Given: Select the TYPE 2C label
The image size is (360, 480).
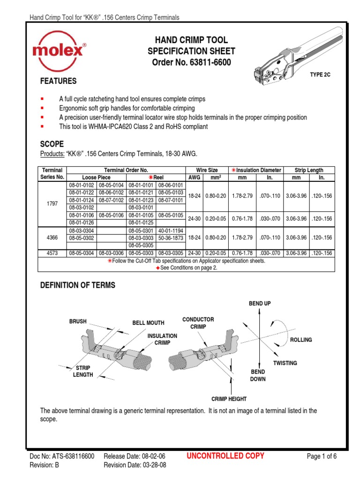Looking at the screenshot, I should tap(320, 75).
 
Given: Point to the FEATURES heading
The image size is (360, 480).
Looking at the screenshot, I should tap(59, 81).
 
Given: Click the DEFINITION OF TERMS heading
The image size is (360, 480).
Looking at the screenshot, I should tap(78, 285).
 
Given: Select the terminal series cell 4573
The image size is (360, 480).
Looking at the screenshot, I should tap(52, 253).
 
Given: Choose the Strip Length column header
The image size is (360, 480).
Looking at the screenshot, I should tap(308, 170).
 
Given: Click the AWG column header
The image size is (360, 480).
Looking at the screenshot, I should tap(194, 178).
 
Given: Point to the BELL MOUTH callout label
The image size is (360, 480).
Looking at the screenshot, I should tap(148, 322).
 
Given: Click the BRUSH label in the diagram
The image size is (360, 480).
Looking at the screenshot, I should tap(78, 322).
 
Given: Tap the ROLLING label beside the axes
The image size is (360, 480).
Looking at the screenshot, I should tap(301, 340).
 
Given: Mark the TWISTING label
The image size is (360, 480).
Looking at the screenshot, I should tap(285, 363).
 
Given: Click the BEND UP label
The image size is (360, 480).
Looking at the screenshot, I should tap(259, 303).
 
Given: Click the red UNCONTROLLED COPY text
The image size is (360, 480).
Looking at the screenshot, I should tap(225, 456).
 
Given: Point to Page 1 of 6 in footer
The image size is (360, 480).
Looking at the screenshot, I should tap(322, 456).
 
